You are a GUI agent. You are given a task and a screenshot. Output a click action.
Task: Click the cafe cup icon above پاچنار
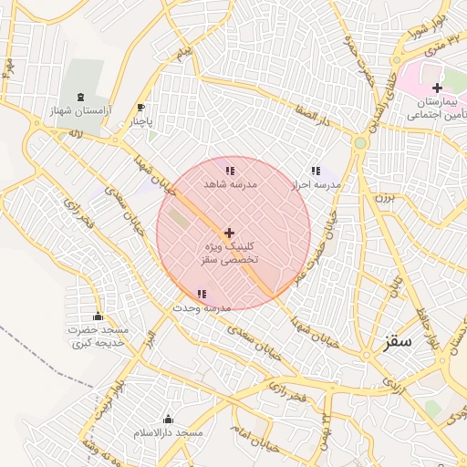[x=140, y=107]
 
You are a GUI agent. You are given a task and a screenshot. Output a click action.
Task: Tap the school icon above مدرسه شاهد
[x=229, y=171]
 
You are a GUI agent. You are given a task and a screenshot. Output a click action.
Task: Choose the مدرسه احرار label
[x=315, y=184]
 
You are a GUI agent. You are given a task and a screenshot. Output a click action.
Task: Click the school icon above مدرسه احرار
[x=316, y=171]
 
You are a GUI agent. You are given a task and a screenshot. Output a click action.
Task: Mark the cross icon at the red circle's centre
[x=229, y=233]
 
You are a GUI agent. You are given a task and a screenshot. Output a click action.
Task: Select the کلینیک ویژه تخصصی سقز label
[x=230, y=254]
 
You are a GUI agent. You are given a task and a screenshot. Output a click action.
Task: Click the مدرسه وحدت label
[x=201, y=307]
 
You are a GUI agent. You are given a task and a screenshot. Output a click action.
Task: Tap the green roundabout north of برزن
[x=360, y=143]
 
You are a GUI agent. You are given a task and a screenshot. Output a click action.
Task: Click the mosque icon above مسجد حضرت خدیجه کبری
[x=99, y=317]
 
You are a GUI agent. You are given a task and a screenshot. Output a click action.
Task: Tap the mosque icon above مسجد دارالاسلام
[x=168, y=419]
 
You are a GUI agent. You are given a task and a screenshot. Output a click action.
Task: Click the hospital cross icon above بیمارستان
[x=438, y=88]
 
